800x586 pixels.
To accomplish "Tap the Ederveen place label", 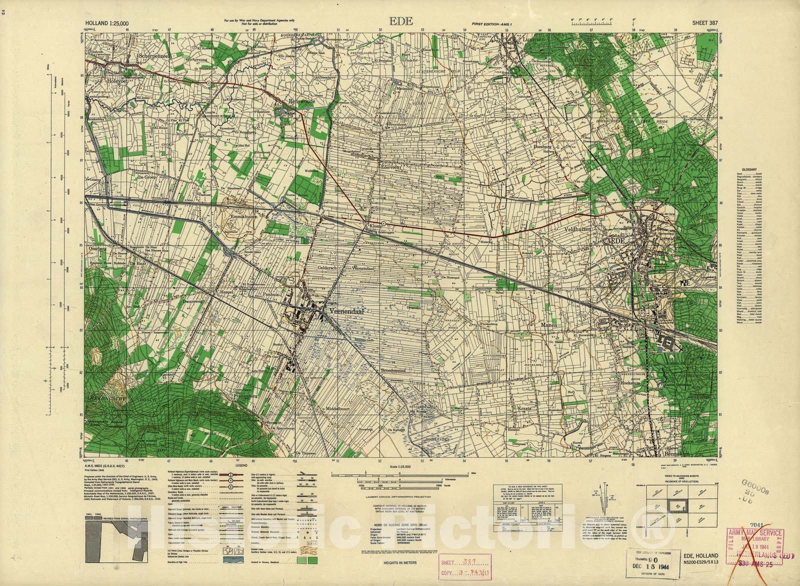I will [389, 167].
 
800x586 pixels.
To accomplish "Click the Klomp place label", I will [375, 226].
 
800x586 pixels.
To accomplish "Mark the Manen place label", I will [548, 325].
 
